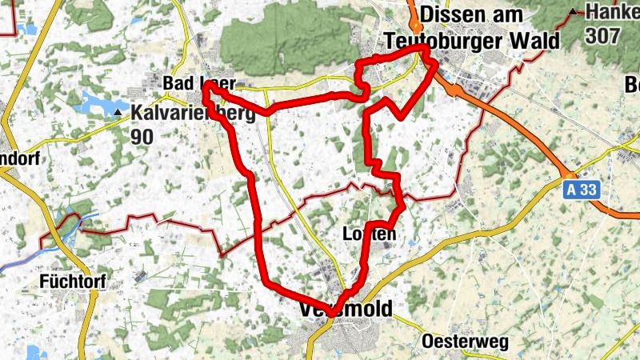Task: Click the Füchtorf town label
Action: click(x=71, y=281)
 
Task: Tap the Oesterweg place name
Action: click(x=465, y=342)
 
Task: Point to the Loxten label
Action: click(x=369, y=234)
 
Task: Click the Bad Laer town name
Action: click(x=198, y=83)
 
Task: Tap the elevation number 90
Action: click(x=142, y=137)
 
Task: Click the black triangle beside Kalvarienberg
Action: click(x=119, y=113)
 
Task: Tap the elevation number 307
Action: click(x=602, y=35)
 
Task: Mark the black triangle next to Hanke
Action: click(x=574, y=12)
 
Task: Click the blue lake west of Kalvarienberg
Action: click(x=92, y=103)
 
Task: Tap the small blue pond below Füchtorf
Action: click(x=34, y=350)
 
